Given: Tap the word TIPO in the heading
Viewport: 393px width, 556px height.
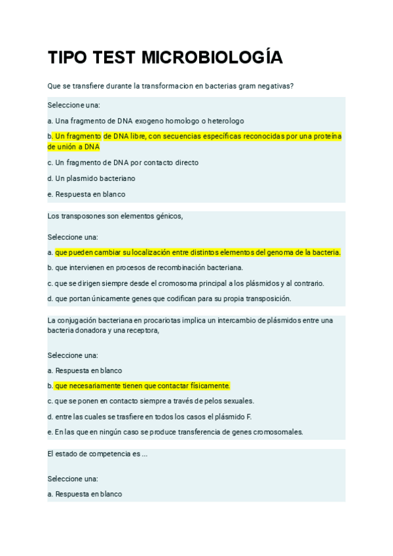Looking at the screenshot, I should coord(69,58).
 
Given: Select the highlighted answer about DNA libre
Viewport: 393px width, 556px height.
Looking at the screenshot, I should coord(196,141).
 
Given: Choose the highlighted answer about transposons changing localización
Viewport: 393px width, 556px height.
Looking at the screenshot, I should coord(197,252).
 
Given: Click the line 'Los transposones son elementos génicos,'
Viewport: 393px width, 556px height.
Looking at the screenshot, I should coord(115,216).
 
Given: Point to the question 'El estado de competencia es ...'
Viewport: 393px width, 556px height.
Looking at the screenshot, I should coord(97,454).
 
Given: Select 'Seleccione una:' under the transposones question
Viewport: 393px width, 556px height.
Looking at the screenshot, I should coord(73,237).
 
